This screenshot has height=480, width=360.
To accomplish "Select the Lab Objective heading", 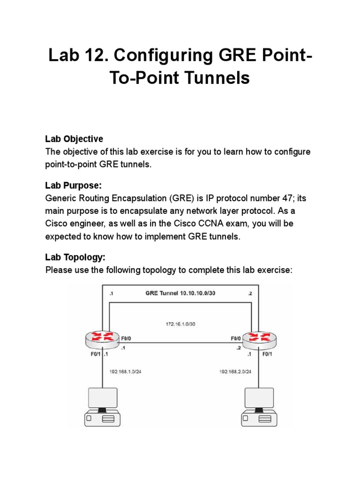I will coord(74,139).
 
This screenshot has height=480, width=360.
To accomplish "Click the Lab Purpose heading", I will coord(73,186).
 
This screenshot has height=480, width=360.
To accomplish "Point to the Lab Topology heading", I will coord(75,257).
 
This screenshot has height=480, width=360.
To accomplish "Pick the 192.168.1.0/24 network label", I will coord(125,372).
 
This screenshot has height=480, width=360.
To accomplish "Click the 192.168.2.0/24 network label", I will coord(235,372).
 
